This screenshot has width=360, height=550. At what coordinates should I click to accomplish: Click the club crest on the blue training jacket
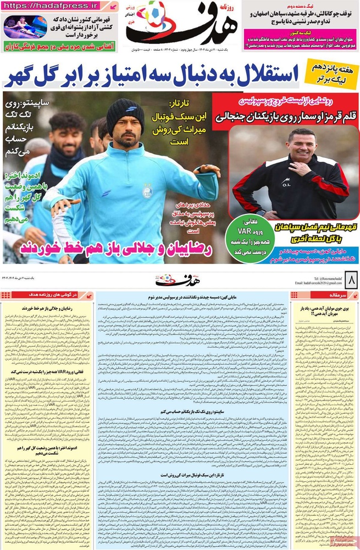pyautogui.click(x=147, y=190)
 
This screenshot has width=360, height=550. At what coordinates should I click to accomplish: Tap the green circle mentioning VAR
pyautogui.click(x=243, y=238)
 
